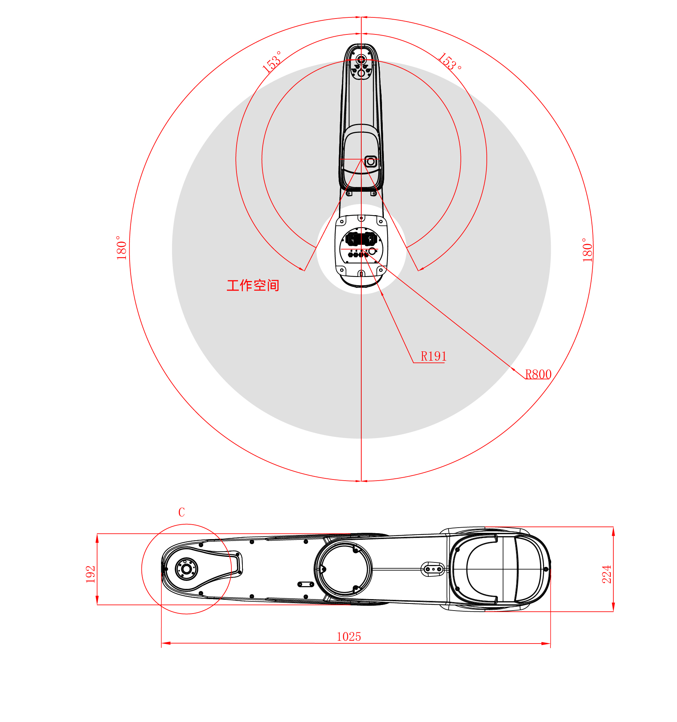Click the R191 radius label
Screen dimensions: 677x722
[x=433, y=356]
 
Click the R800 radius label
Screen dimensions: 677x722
[x=538, y=374]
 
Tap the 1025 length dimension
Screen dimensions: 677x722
[x=349, y=636]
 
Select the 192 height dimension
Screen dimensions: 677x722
[x=91, y=574]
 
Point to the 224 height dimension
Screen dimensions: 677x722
[x=606, y=574]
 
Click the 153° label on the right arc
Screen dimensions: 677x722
[x=450, y=61]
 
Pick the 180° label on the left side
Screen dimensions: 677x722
[x=121, y=247]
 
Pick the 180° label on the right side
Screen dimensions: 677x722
[x=587, y=250]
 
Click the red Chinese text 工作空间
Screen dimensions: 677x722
[x=253, y=285]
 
